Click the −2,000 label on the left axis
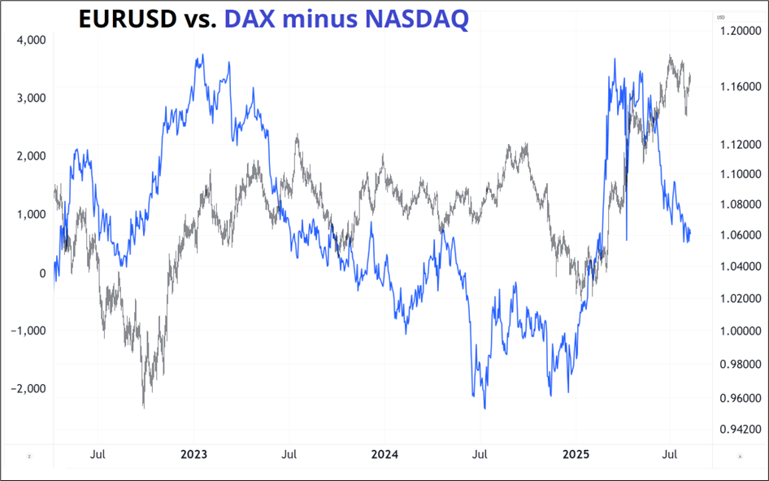28,389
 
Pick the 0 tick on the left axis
42,273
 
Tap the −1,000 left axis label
28,330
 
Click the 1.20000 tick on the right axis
736,32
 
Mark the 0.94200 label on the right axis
736,429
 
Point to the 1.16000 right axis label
736,86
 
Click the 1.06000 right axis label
736,235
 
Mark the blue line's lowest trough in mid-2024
485,408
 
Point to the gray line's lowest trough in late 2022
144,406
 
